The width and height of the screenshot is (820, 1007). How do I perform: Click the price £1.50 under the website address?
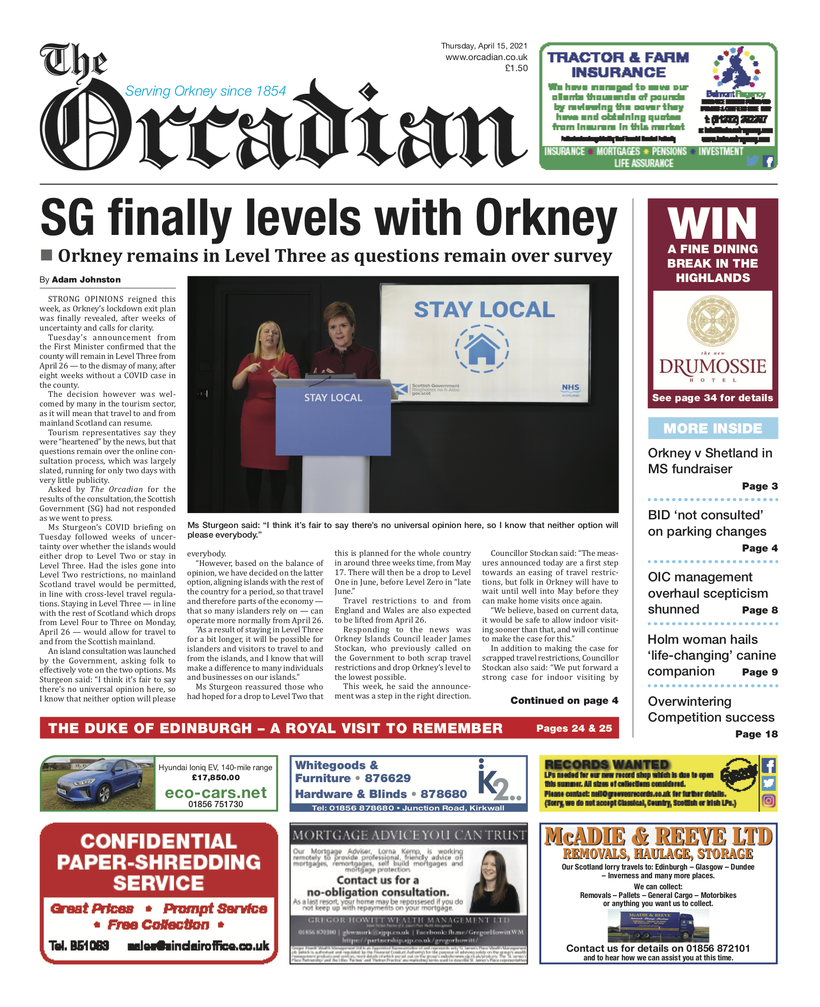tap(516, 68)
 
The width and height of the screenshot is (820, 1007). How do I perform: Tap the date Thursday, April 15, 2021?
tap(484, 46)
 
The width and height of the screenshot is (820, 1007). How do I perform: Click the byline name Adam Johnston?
tap(86, 280)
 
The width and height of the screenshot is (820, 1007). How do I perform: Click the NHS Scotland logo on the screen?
tap(571, 389)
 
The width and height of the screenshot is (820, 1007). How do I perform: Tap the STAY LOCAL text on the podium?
tap(333, 398)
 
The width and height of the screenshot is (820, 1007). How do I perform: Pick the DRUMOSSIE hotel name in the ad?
tap(712, 367)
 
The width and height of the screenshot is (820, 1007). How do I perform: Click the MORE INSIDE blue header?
tap(712, 428)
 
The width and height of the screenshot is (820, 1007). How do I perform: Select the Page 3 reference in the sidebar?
tap(759, 486)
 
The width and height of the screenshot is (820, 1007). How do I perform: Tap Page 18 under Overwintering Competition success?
tap(756, 734)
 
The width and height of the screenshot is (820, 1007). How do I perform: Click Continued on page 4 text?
tap(564, 700)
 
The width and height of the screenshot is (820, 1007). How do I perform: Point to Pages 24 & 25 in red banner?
tap(574, 728)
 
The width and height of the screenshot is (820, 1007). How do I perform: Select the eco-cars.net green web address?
tap(215, 793)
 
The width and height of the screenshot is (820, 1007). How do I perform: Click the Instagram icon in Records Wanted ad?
tap(768, 801)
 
